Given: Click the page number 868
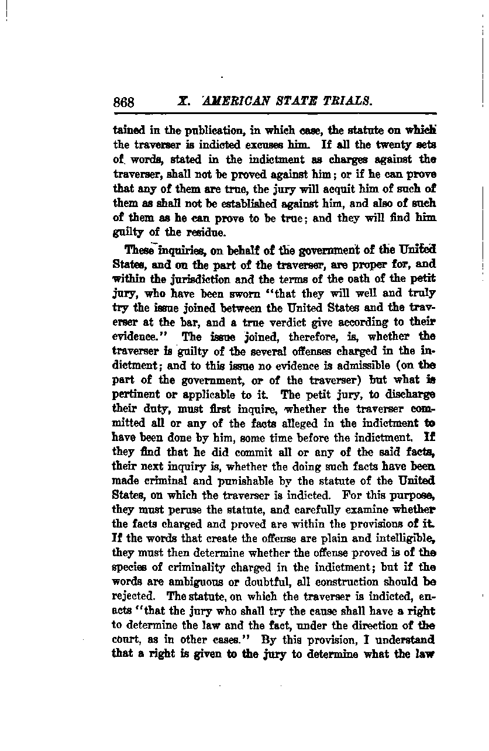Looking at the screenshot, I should (x=123, y=102).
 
